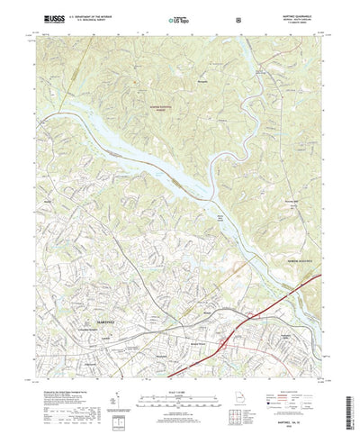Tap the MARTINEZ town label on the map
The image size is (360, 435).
[107, 322]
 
